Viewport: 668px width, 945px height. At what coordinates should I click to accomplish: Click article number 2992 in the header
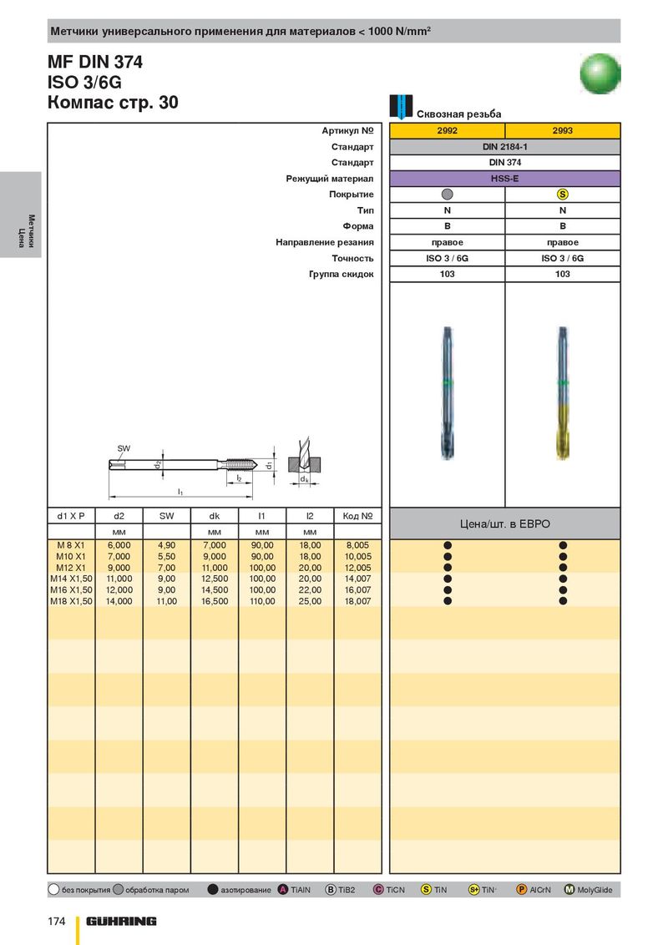click(447, 131)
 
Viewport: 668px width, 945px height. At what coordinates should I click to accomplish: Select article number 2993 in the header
click(563, 131)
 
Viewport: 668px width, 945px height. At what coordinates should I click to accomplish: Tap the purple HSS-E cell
click(504, 179)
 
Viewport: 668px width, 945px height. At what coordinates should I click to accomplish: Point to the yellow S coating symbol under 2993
click(563, 195)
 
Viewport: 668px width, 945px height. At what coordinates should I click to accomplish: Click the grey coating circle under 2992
click(447, 195)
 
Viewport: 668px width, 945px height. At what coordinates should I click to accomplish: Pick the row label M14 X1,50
click(71, 579)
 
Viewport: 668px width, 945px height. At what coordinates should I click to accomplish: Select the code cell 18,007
click(357, 601)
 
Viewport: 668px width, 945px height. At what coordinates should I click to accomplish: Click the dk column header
click(215, 516)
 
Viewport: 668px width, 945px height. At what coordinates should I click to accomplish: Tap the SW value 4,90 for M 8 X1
click(167, 544)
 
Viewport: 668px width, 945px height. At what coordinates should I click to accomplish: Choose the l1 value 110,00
click(262, 601)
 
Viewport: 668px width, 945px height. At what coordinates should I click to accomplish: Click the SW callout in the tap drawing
click(124, 449)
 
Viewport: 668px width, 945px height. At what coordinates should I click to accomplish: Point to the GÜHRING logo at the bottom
click(121, 921)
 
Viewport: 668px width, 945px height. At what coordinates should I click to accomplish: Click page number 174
click(55, 921)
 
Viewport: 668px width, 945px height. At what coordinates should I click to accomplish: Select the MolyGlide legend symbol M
click(569, 890)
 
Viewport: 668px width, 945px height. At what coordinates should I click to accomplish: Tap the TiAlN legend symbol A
click(283, 890)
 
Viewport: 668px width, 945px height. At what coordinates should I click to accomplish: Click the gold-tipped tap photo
click(563, 392)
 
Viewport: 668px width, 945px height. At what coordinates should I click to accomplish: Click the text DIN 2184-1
click(504, 147)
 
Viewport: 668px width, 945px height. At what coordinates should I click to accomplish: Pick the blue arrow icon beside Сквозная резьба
click(402, 107)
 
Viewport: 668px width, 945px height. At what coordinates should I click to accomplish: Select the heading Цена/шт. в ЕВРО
click(504, 524)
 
